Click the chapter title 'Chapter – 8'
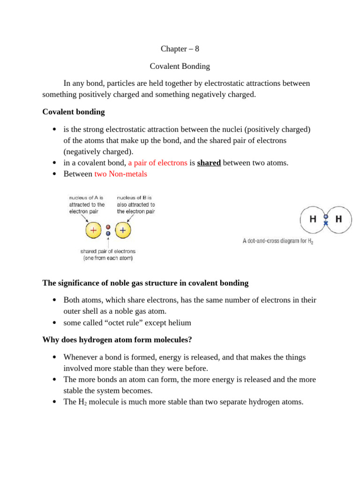click(x=180, y=49)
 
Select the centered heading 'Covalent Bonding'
click(x=180, y=66)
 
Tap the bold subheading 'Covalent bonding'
click(x=74, y=112)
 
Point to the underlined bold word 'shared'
click(x=209, y=163)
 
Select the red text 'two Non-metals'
click(x=120, y=174)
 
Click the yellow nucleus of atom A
click(x=93, y=230)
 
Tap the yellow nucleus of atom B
click(x=123, y=230)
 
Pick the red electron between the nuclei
click(x=108, y=227)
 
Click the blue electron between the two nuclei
click(x=108, y=233)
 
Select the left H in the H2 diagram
click(x=313, y=219)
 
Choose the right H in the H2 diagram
click(x=338, y=219)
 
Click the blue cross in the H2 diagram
click(x=326, y=223)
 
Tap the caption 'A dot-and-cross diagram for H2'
click(x=277, y=241)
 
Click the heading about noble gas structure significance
click(x=145, y=283)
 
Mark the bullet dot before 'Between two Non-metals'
click(x=54, y=174)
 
